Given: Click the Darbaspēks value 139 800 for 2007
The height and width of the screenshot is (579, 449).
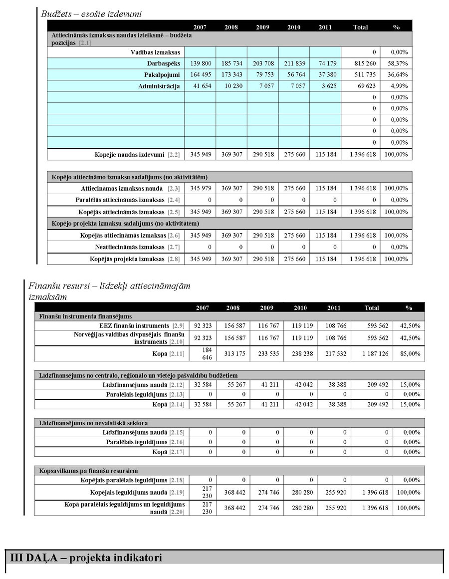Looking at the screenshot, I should point(200,64).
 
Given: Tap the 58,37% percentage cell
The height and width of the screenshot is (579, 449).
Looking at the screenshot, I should point(396,64).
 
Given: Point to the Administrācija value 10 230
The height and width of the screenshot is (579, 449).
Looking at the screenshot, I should point(231,86).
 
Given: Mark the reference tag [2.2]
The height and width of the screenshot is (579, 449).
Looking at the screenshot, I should point(174,155).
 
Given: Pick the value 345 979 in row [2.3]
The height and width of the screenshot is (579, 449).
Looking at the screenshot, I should point(200,189).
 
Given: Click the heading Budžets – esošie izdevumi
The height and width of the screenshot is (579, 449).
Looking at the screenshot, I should point(91,14).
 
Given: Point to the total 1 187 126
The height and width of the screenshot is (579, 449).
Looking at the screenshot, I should point(372,354).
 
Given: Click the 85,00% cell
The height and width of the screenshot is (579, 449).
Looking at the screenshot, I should point(410,354).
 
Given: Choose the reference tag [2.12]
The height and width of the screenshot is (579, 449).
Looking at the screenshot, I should point(177,385).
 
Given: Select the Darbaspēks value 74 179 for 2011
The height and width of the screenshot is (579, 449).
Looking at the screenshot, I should point(325,64).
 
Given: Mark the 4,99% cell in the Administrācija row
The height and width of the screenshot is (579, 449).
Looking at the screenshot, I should point(396,86).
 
